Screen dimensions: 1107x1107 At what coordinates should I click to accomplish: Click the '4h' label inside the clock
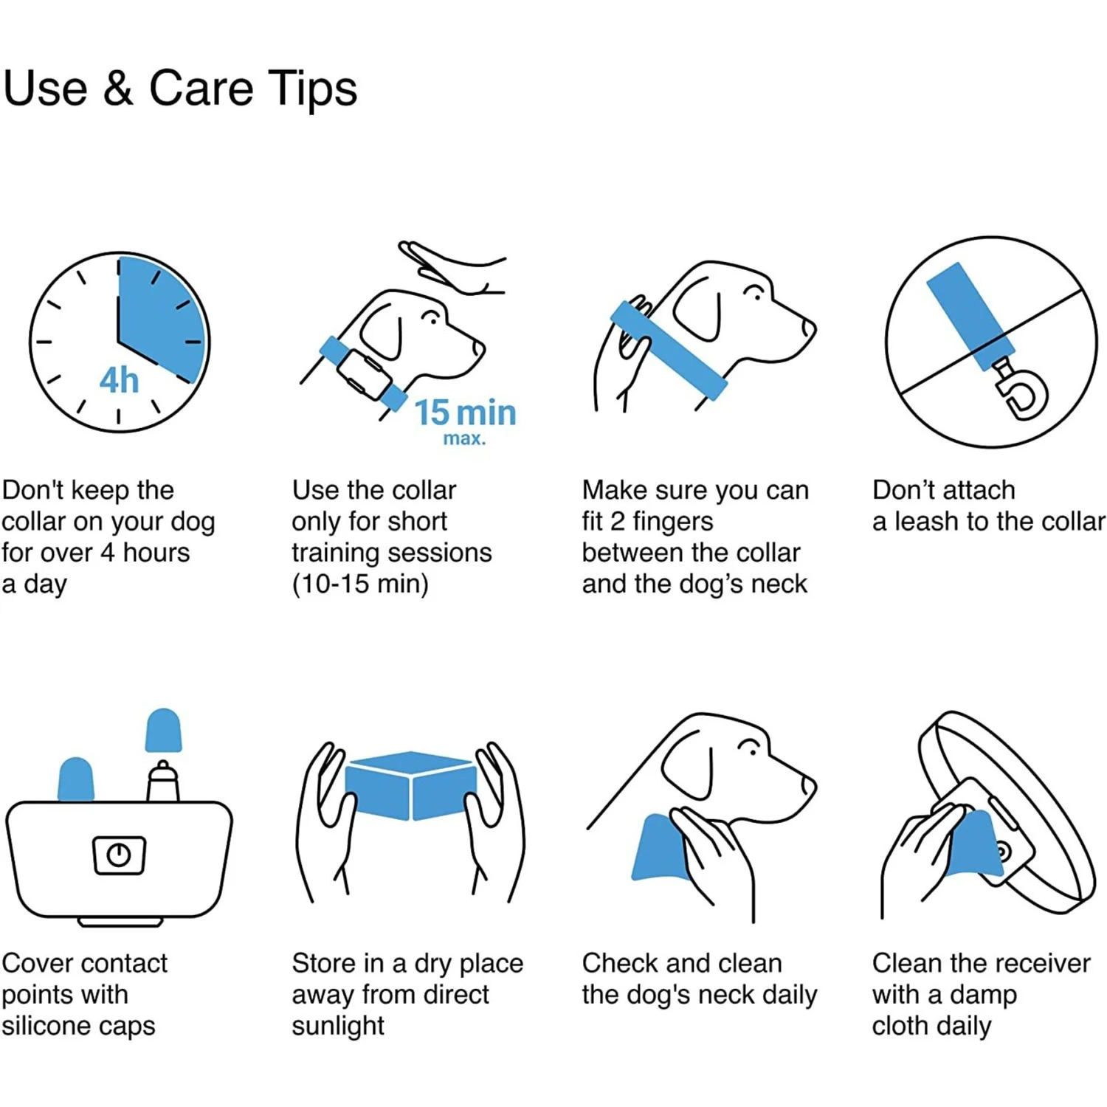click(x=119, y=380)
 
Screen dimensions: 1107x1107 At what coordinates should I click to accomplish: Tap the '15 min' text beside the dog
click(x=465, y=413)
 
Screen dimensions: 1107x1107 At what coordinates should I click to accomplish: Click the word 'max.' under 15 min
click(x=465, y=438)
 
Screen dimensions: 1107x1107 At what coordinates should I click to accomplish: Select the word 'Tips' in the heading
click(x=312, y=89)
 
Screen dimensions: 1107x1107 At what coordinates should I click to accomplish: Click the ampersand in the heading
click(x=119, y=88)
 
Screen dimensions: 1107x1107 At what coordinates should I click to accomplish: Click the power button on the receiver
click(x=119, y=855)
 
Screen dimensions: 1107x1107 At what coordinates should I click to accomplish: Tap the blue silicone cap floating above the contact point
click(x=163, y=731)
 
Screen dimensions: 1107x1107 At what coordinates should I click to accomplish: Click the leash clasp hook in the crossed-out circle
click(x=1024, y=396)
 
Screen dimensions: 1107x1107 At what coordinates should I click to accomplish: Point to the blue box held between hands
click(x=411, y=785)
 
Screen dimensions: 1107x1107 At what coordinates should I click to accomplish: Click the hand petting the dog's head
click(x=452, y=268)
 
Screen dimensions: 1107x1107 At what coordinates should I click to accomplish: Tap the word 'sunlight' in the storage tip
click(x=338, y=1026)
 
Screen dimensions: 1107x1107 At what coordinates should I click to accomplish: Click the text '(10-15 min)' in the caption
click(x=360, y=584)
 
